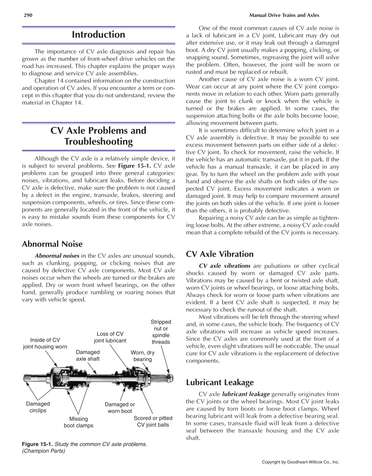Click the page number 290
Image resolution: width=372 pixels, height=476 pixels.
click(x=28, y=15)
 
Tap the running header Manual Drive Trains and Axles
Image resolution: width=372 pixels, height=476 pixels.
click(x=284, y=15)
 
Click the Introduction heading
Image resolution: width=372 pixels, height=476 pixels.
click(x=98, y=35)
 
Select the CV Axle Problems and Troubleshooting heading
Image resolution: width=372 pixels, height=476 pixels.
click(x=98, y=136)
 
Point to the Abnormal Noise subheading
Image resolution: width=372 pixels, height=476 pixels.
click(x=52, y=244)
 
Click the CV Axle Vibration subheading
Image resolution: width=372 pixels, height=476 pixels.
click(x=220, y=254)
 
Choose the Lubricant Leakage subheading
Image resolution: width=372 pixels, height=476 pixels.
click(x=220, y=382)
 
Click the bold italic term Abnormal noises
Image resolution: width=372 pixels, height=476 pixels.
click(x=57, y=256)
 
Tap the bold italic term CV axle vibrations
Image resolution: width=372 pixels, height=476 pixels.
click(x=225, y=266)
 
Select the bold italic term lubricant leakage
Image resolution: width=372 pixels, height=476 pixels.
click(x=246, y=394)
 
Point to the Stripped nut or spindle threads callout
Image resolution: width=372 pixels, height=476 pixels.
click(x=161, y=332)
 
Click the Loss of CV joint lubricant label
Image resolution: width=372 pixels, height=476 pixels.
click(x=110, y=337)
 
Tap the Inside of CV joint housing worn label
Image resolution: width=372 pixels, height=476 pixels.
click(x=45, y=343)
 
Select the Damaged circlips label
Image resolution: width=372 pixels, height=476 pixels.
click(x=38, y=407)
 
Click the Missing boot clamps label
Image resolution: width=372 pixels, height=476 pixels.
click(x=79, y=422)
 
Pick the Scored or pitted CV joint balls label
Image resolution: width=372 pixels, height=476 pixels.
click(x=153, y=421)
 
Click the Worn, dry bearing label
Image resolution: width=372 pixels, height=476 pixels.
click(x=143, y=356)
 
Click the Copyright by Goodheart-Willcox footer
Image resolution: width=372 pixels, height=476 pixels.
click(x=301, y=462)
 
